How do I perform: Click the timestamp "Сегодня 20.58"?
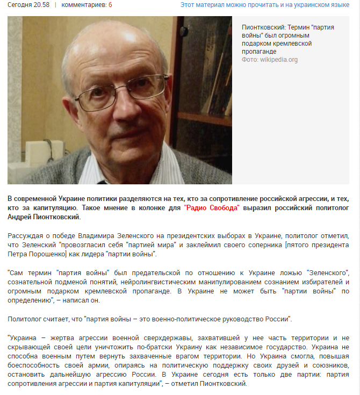tap(28, 5)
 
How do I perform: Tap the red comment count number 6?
tap(110, 5)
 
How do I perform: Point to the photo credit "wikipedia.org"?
tap(279, 60)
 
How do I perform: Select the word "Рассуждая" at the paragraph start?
tap(26, 236)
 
